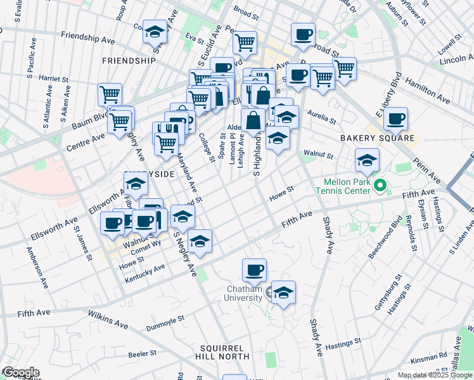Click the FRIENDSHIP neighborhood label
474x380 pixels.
127,61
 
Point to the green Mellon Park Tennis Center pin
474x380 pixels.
380,186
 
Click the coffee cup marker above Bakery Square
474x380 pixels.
396,119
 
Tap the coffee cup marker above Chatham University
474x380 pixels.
255,270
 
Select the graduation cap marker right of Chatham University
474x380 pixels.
284,293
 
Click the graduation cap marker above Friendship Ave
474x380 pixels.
153,32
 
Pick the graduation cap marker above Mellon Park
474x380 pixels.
367,160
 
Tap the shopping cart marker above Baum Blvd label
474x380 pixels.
110,95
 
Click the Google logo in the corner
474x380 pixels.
20,372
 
